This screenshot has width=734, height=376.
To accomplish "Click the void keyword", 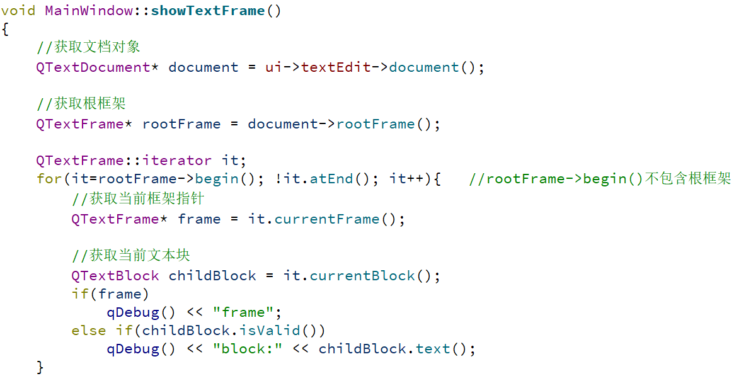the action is [x=18, y=11].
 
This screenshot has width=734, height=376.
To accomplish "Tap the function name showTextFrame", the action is [x=208, y=11].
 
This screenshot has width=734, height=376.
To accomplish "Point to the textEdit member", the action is [x=336, y=67].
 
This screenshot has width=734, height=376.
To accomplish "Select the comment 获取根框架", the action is [x=82, y=103].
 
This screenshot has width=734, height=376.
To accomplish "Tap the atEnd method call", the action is [x=331, y=179].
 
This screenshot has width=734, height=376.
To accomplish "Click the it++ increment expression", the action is [x=406, y=179].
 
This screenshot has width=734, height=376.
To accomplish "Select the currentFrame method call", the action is [x=327, y=219].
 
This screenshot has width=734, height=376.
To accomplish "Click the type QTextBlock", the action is [x=115, y=276].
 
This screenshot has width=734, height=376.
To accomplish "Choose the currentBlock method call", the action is [x=362, y=276].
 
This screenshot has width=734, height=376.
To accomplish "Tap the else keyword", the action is [x=89, y=330].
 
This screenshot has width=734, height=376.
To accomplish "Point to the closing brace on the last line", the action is [x=40, y=367].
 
